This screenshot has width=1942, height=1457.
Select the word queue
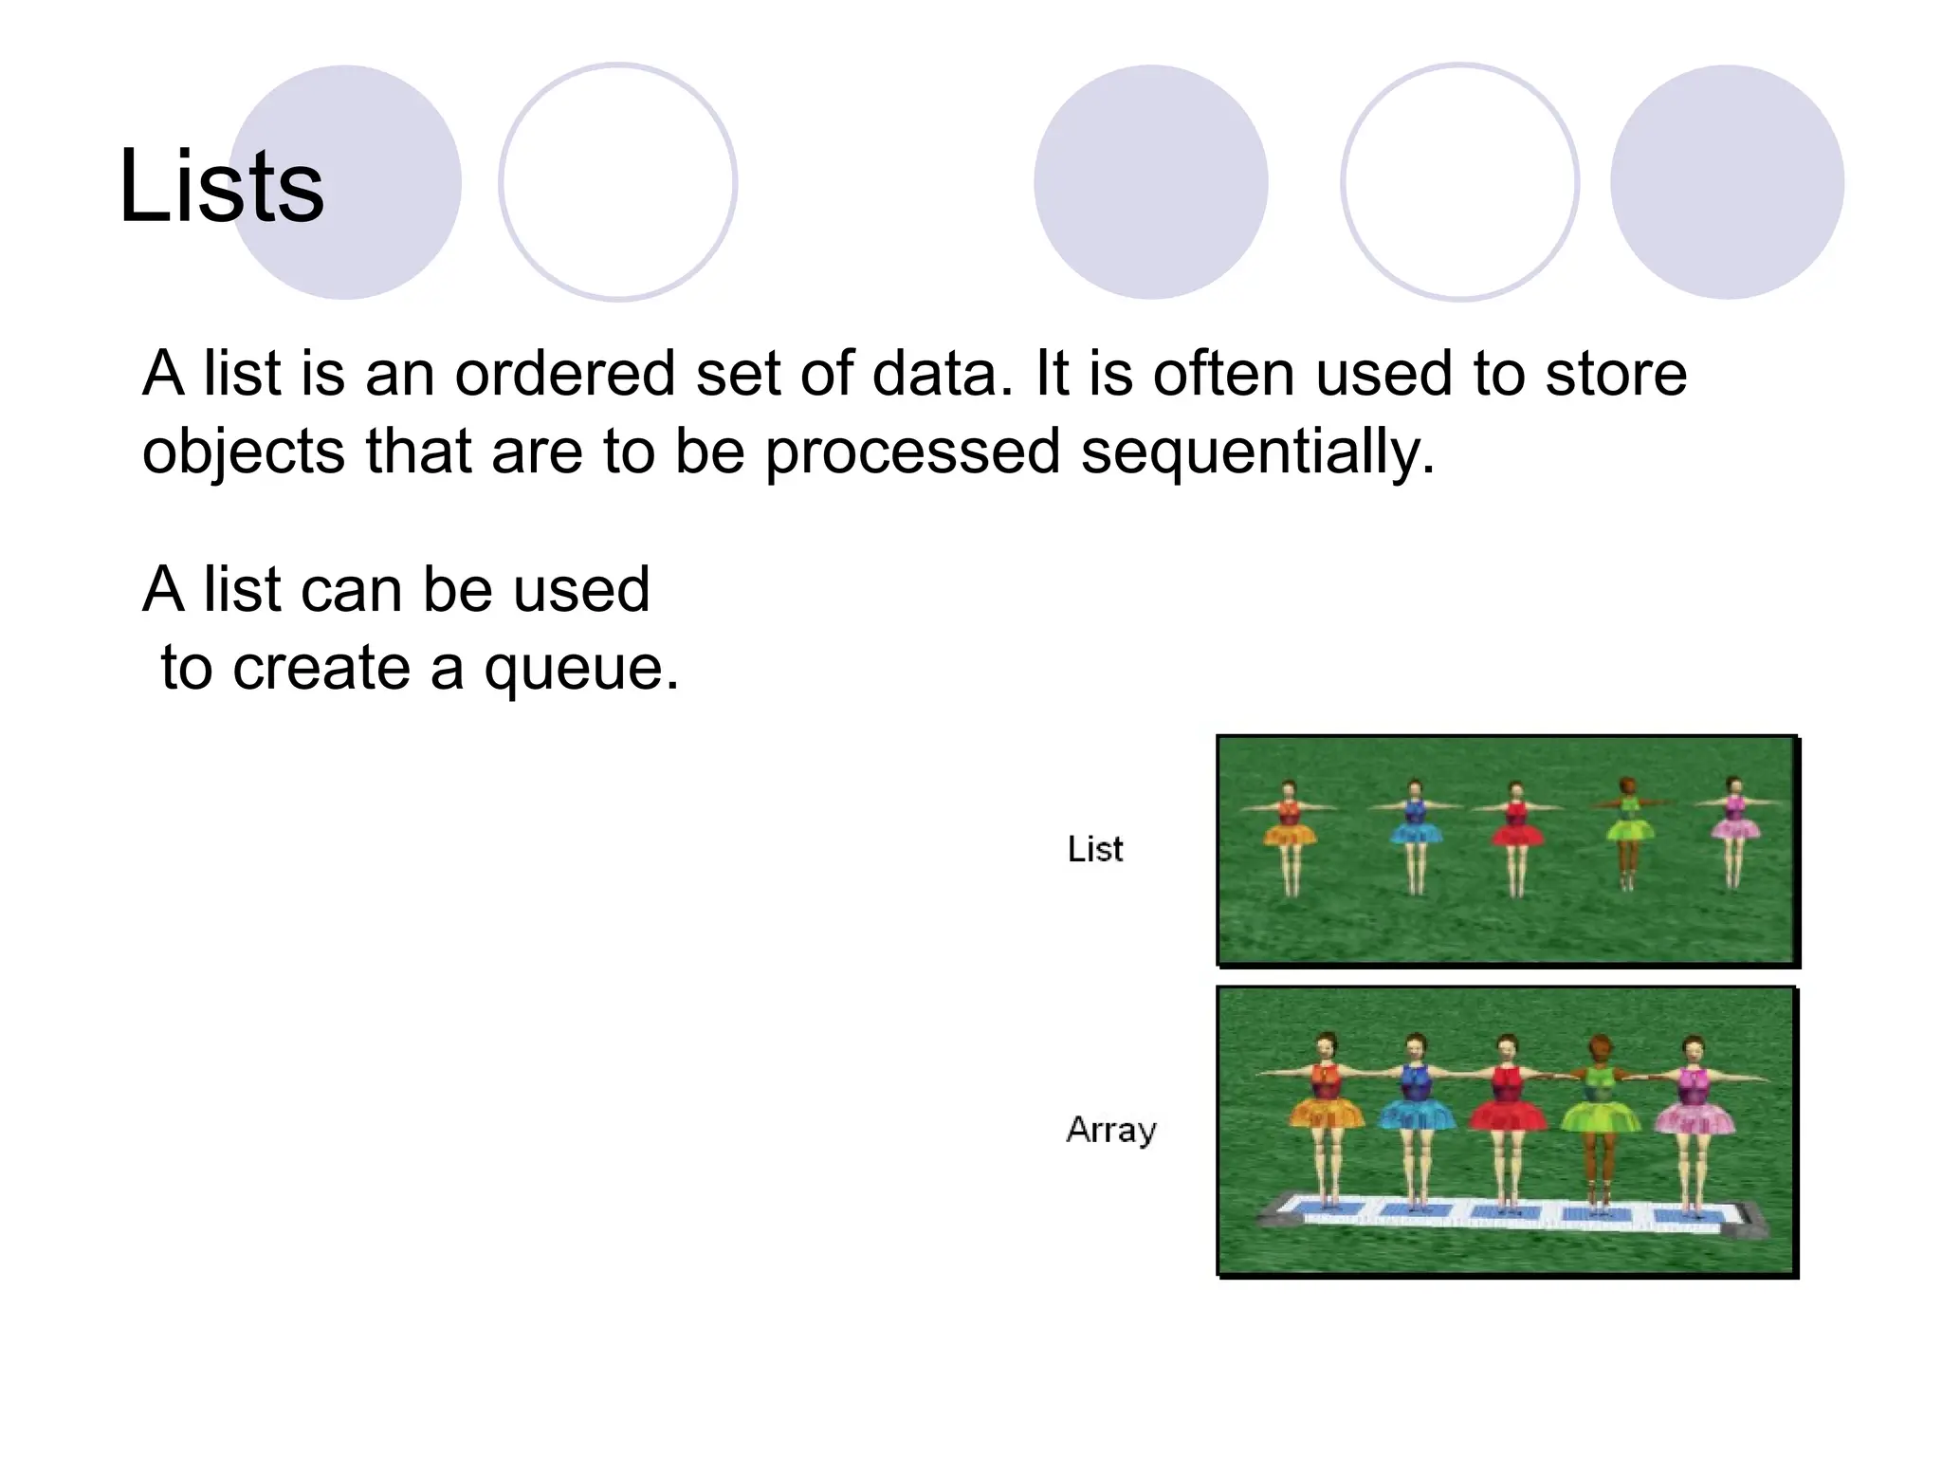click(580, 668)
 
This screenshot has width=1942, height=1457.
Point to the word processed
click(912, 452)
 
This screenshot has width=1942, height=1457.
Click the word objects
click(243, 452)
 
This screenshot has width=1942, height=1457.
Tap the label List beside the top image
click(1094, 849)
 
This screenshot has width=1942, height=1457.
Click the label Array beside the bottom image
click(1111, 1130)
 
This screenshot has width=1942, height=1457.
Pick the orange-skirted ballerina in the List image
click(1290, 835)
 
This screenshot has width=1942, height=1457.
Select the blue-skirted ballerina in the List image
click(1416, 835)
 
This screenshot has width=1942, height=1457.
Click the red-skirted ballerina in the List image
click(1515, 835)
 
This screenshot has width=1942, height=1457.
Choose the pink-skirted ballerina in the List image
click(1734, 829)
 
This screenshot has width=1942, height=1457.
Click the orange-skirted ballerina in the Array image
click(1326, 1119)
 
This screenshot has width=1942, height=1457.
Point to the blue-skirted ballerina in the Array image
click(1416, 1119)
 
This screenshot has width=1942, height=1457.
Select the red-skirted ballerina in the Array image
click(1507, 1119)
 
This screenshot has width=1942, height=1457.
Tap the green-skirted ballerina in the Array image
click(1600, 1119)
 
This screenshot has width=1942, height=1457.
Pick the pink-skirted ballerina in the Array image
click(1694, 1119)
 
